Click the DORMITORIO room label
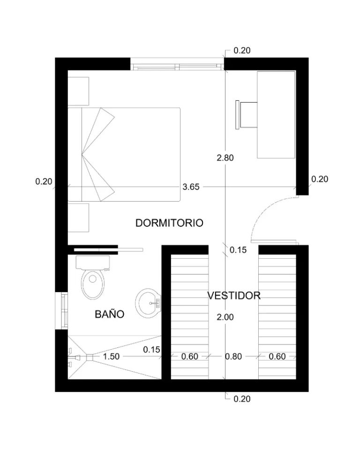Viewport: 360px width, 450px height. coord(169,223)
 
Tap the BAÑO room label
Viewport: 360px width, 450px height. coord(109,314)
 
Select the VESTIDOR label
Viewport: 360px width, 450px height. coord(234,295)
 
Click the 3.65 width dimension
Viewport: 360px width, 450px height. coord(191,187)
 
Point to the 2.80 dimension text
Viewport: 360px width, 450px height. coord(225,158)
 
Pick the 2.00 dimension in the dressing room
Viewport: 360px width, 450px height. coord(225,317)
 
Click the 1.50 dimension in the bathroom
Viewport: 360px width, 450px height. coord(111,356)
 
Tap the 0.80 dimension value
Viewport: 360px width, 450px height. coord(233,356)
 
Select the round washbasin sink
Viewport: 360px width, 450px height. coord(149,303)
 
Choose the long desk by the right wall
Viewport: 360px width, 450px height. coord(276,114)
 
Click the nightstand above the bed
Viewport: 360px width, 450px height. coord(78,91)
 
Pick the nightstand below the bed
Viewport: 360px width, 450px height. coord(78,217)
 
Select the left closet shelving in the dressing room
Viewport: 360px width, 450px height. coord(189,317)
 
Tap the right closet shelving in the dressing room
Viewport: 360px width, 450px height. coord(277,317)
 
